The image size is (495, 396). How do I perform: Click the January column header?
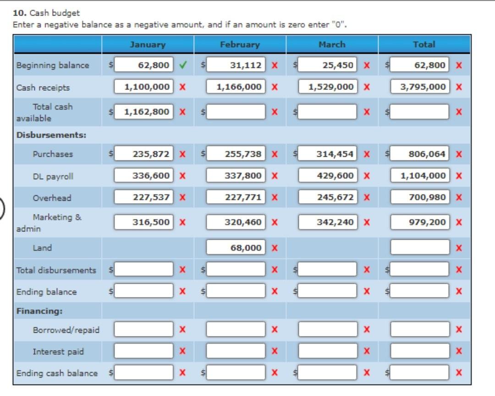click(x=148, y=44)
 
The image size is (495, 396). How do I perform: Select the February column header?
click(x=240, y=44)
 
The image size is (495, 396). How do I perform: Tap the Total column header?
click(x=424, y=44)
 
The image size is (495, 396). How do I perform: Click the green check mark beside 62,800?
click(x=183, y=65)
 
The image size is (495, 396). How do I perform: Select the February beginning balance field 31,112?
click(x=236, y=65)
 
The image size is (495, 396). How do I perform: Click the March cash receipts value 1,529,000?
click(x=328, y=87)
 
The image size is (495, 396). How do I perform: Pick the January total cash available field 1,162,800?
click(x=143, y=111)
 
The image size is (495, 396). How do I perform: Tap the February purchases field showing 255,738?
click(x=236, y=154)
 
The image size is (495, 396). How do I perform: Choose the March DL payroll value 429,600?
click(x=328, y=175)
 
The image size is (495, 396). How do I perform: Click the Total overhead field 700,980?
click(x=420, y=197)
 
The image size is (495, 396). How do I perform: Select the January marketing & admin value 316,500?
click(x=143, y=222)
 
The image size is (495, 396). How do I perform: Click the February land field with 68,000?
click(x=236, y=247)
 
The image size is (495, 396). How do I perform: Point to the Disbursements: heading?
click(x=51, y=135)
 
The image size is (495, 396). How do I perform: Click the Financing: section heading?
click(x=39, y=311)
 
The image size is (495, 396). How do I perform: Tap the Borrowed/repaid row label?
click(x=66, y=330)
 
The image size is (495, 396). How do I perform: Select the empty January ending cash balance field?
click(x=143, y=372)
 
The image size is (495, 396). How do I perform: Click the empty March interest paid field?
click(x=328, y=351)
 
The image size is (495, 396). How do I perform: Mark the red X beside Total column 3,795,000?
click(x=459, y=87)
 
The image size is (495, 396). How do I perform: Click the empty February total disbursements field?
click(x=236, y=269)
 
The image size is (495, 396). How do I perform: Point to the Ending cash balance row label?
click(x=57, y=373)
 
